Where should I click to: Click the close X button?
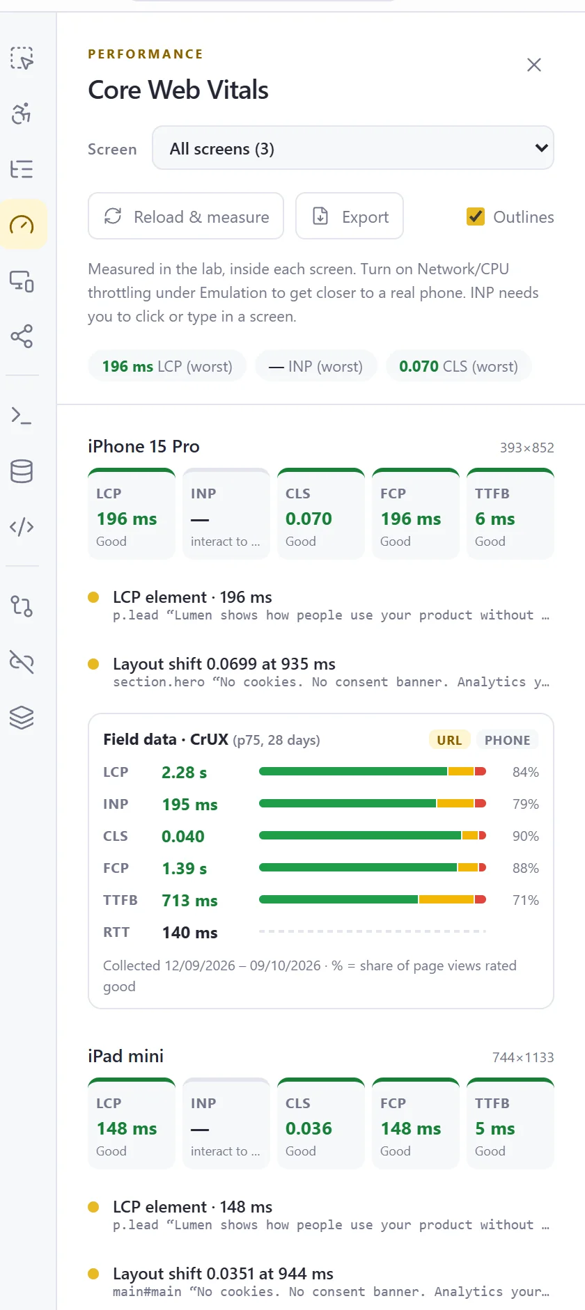pos(534,65)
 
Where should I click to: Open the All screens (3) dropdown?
pos(353,148)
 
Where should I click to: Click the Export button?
pos(350,216)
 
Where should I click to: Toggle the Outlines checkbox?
pos(476,216)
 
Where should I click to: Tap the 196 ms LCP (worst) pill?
pos(167,366)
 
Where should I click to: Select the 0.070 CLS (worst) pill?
pos(458,366)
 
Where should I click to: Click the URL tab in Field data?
pos(449,740)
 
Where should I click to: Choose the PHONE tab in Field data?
pos(508,740)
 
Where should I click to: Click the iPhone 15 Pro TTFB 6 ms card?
pos(510,514)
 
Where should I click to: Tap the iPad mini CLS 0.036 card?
pos(321,1123)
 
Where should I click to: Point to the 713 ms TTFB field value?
pos(189,900)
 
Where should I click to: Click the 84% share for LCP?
pos(526,772)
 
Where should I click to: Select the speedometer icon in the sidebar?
pos(22,225)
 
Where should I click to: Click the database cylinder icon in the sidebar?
pos(22,471)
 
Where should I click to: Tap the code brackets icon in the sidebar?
pos(22,527)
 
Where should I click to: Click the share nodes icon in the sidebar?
pos(22,336)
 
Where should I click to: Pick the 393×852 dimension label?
pos(526,448)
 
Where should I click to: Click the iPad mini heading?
pos(125,1056)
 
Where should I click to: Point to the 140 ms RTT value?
pos(189,932)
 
